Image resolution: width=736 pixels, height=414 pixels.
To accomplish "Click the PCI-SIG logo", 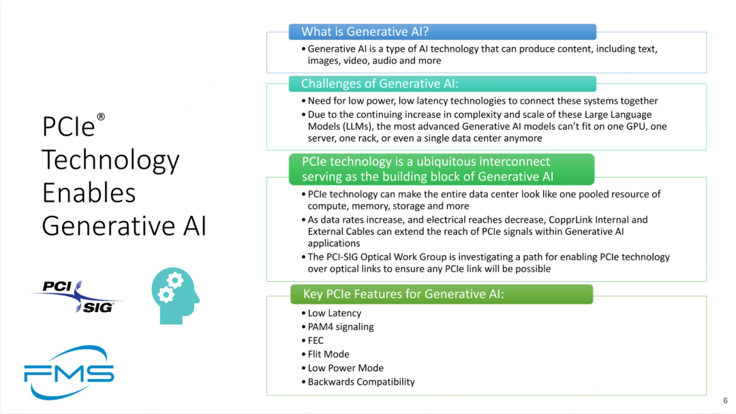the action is coord(78,296).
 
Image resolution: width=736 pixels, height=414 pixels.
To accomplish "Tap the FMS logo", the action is coord(69,372).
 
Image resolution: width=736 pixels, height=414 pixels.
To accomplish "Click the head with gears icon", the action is coord(175,296).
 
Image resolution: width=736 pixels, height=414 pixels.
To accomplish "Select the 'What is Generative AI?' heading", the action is coord(365,31).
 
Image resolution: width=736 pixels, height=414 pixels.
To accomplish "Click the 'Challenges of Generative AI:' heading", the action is coord(380,84).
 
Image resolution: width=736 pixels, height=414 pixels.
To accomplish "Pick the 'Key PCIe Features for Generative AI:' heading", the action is coord(403,294).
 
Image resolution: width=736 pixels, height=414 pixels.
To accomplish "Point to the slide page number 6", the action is coord(725,400).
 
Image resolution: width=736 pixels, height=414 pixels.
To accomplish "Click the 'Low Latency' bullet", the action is coord(334,313).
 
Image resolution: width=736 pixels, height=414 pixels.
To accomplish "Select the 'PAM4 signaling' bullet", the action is coord(341,327).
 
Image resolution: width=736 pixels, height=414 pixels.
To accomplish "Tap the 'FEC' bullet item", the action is coord(316,340).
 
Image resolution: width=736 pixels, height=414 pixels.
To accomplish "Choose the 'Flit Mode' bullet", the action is coord(328,354).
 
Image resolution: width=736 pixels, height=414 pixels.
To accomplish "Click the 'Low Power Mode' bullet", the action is coord(346,368).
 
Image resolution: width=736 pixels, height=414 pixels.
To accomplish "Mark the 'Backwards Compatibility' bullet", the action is coord(361,381).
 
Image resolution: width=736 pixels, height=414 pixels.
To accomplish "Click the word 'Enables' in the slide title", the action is coord(89,193).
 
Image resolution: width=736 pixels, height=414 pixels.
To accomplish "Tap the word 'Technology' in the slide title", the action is coord(111,161).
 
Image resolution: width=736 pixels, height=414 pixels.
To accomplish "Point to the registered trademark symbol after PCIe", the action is coord(100,116).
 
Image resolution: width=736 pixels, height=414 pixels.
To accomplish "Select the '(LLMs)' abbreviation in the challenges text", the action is coord(356,127).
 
